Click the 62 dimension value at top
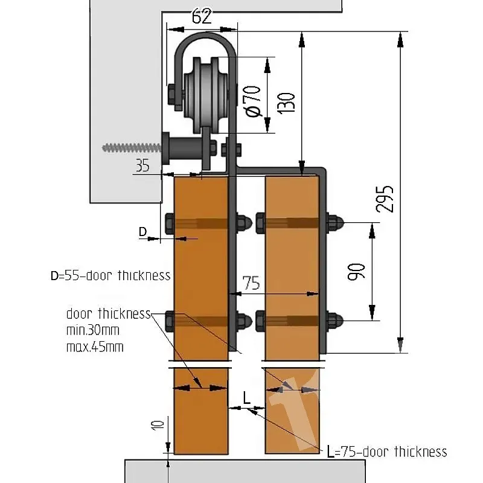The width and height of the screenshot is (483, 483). click(x=202, y=17)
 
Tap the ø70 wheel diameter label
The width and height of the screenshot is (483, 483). click(x=253, y=101)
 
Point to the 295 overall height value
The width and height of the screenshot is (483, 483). click(x=385, y=199)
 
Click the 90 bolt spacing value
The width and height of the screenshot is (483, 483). click(x=356, y=272)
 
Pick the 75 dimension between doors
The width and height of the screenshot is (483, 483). click(x=251, y=283)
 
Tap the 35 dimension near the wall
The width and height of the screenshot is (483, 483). click(x=142, y=165)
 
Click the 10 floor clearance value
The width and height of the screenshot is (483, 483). click(x=158, y=426)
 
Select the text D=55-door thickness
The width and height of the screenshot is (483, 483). click(x=110, y=275)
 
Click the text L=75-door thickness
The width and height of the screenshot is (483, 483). click(x=387, y=452)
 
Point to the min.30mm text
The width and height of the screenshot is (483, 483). click(x=93, y=330)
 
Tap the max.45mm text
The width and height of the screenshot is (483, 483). click(x=95, y=347)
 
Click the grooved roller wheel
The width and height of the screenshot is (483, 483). click(x=206, y=95)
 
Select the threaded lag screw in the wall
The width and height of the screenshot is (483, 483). click(x=132, y=148)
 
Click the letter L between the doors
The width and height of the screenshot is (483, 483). click(x=247, y=398)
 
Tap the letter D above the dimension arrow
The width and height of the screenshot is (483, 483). click(x=142, y=231)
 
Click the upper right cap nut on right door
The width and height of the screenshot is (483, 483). click(x=335, y=222)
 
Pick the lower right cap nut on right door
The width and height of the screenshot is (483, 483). click(x=335, y=321)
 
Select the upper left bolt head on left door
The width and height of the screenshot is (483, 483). click(x=170, y=223)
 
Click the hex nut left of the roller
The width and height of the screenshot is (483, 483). click(x=171, y=95)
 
